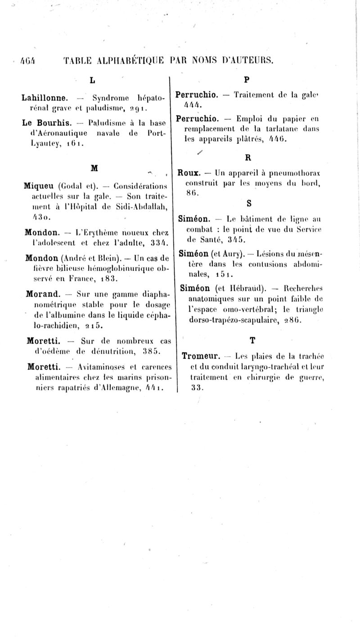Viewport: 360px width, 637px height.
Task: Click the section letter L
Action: tap(92, 81)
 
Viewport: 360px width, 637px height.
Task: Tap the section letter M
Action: tap(94, 167)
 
